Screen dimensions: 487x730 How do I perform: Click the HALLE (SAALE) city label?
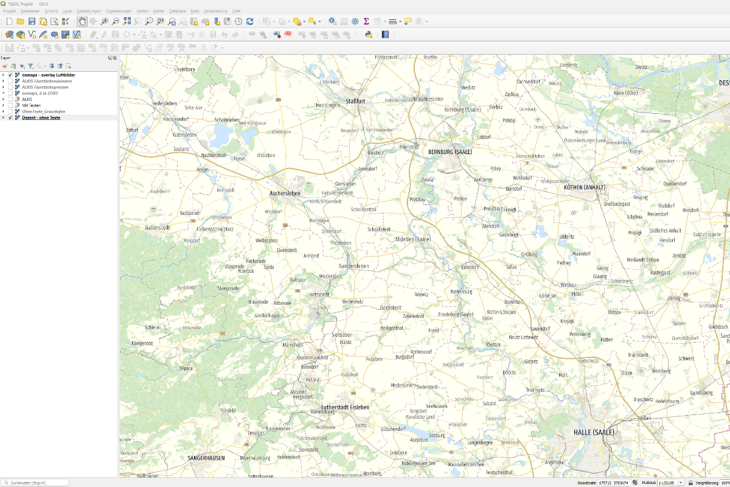(594, 432)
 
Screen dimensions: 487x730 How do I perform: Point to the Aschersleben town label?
(285, 193)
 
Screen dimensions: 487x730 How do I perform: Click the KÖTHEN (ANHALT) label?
(585, 187)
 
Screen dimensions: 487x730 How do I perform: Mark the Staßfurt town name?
(355, 101)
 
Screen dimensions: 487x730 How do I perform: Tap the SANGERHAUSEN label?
(206, 458)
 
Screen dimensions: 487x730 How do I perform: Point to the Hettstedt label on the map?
(319, 295)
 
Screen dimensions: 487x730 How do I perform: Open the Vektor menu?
(142, 12)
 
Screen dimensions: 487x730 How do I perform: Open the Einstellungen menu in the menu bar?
(89, 12)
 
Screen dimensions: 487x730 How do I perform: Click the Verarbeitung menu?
(215, 12)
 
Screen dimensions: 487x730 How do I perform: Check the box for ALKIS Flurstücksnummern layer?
(10, 81)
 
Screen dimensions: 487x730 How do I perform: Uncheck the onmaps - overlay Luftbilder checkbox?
(10, 75)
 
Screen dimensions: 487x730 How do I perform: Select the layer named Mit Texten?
(31, 105)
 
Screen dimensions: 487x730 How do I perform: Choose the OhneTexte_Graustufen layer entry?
(43, 111)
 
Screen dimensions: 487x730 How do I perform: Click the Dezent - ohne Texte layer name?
(41, 117)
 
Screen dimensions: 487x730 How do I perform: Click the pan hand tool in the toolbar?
(82, 21)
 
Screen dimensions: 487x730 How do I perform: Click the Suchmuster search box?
(36, 483)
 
